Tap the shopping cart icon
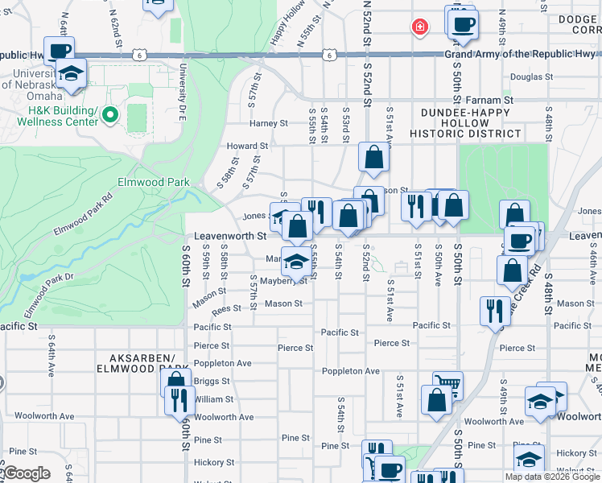tap(447, 386)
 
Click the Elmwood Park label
tap(154, 183)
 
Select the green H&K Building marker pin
tap(111, 116)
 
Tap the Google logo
tap(26, 473)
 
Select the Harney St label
tap(268, 123)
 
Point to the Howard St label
tap(246, 147)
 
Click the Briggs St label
tap(212, 382)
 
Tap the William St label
tap(213, 399)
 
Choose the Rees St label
tap(226, 308)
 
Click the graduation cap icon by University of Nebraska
tap(72, 75)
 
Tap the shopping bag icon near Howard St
tap(373, 159)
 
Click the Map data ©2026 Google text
tap(552, 477)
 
